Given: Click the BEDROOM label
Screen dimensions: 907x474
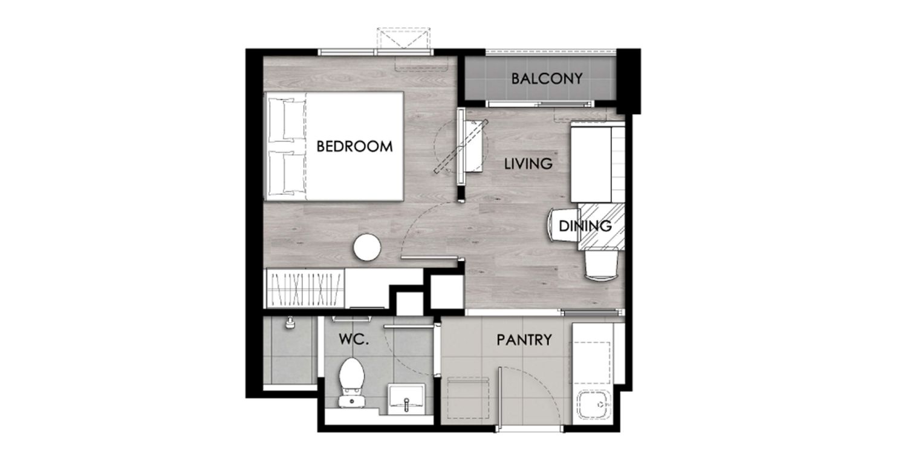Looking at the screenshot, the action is [x=354, y=146].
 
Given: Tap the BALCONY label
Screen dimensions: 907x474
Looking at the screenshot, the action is [x=547, y=79].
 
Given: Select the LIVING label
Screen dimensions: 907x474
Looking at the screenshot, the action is [x=528, y=163].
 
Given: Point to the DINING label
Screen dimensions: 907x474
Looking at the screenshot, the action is [x=585, y=226].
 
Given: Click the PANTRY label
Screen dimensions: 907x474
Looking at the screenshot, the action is [x=524, y=340].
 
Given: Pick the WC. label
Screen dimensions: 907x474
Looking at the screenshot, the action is [x=354, y=339].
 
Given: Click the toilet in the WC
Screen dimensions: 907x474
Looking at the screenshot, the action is [x=352, y=382].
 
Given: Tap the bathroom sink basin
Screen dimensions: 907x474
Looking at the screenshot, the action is [x=406, y=399].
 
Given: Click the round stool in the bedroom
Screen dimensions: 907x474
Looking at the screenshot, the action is [x=367, y=247].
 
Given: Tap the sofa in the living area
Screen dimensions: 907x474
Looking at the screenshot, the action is [x=597, y=163].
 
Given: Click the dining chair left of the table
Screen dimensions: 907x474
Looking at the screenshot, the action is [x=563, y=225].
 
